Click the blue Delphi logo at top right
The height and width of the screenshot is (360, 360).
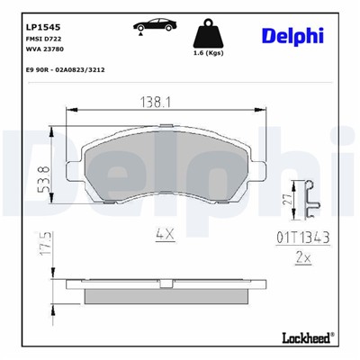point(293,35)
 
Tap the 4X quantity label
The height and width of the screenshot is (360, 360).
point(164,236)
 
